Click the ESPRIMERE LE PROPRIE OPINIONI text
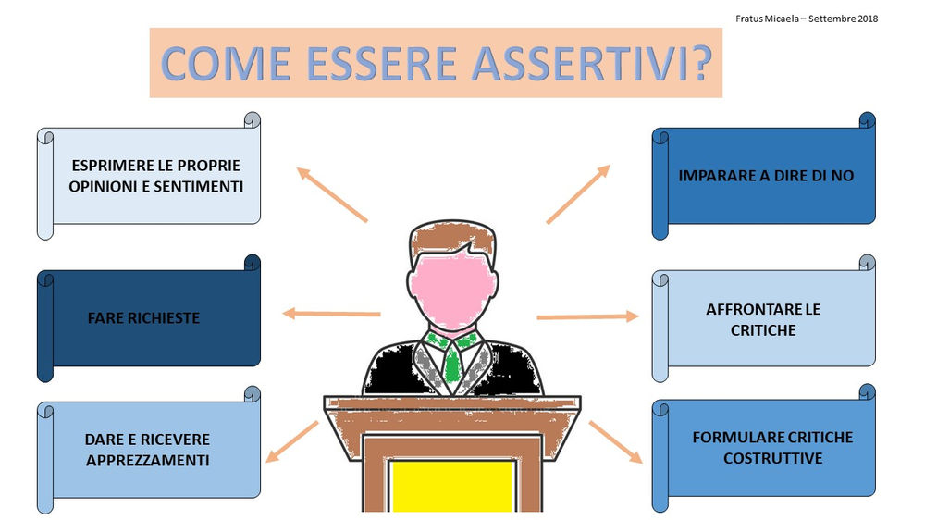(x=155, y=176)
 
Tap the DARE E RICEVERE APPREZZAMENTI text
(x=147, y=449)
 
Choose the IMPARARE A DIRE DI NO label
(x=766, y=175)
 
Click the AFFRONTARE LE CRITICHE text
(x=763, y=319)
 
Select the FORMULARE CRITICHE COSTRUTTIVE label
(x=772, y=447)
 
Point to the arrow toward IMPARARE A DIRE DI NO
(x=578, y=194)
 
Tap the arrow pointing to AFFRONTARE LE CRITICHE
(x=587, y=316)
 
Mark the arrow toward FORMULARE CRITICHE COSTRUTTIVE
(x=615, y=441)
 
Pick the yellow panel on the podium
(x=450, y=486)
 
